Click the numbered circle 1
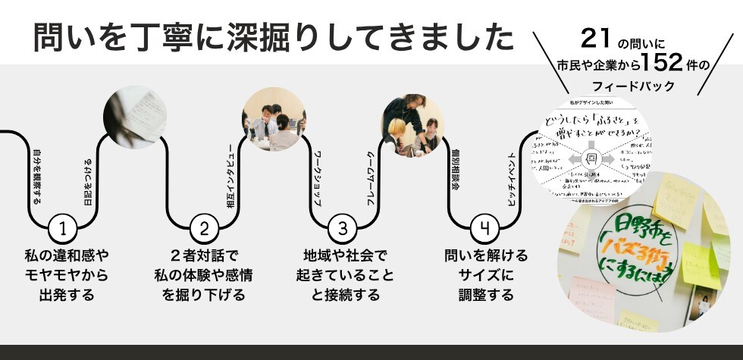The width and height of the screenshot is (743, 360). pos(63,227)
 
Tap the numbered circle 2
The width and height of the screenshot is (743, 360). pos(203,227)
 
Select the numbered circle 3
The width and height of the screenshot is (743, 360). pos(343,227)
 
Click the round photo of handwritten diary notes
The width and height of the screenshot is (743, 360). pos(134,117)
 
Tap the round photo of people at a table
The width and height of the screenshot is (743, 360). pos(274,119)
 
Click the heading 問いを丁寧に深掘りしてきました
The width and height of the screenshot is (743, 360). pos(268,37)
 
